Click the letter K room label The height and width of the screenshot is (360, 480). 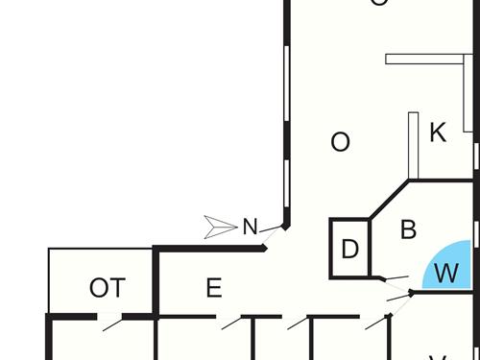click(438, 132)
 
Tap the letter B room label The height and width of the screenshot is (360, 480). click(408, 230)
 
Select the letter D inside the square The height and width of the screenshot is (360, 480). click(350, 250)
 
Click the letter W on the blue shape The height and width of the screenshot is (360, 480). click(445, 273)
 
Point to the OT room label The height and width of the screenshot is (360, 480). click(107, 288)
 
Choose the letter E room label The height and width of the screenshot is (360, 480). click(214, 288)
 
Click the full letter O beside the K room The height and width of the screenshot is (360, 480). click(340, 142)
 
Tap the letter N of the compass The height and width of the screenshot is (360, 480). click(250, 228)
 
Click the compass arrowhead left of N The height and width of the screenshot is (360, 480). click(220, 228)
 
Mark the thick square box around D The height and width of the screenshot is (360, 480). click(332, 249)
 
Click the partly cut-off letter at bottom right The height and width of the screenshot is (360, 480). click(438, 357)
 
